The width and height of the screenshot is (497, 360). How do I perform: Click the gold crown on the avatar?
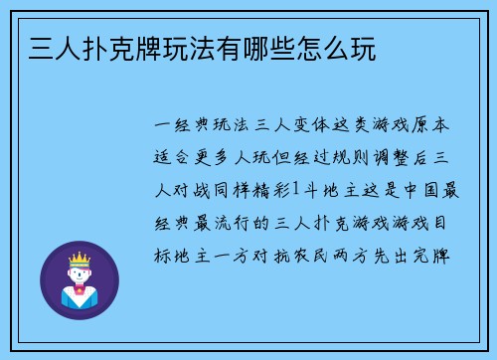click(x=79, y=261)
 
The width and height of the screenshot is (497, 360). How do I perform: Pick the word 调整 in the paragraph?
click(x=413, y=158)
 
